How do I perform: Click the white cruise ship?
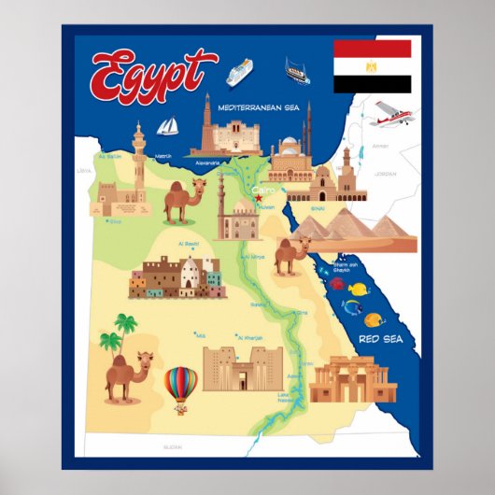coord(239,71)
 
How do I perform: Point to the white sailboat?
coord(168,126)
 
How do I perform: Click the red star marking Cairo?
coord(259,196)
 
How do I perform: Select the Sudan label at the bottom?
coord(173,447)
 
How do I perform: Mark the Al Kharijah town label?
coord(250,338)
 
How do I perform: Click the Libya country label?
coord(85,171)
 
